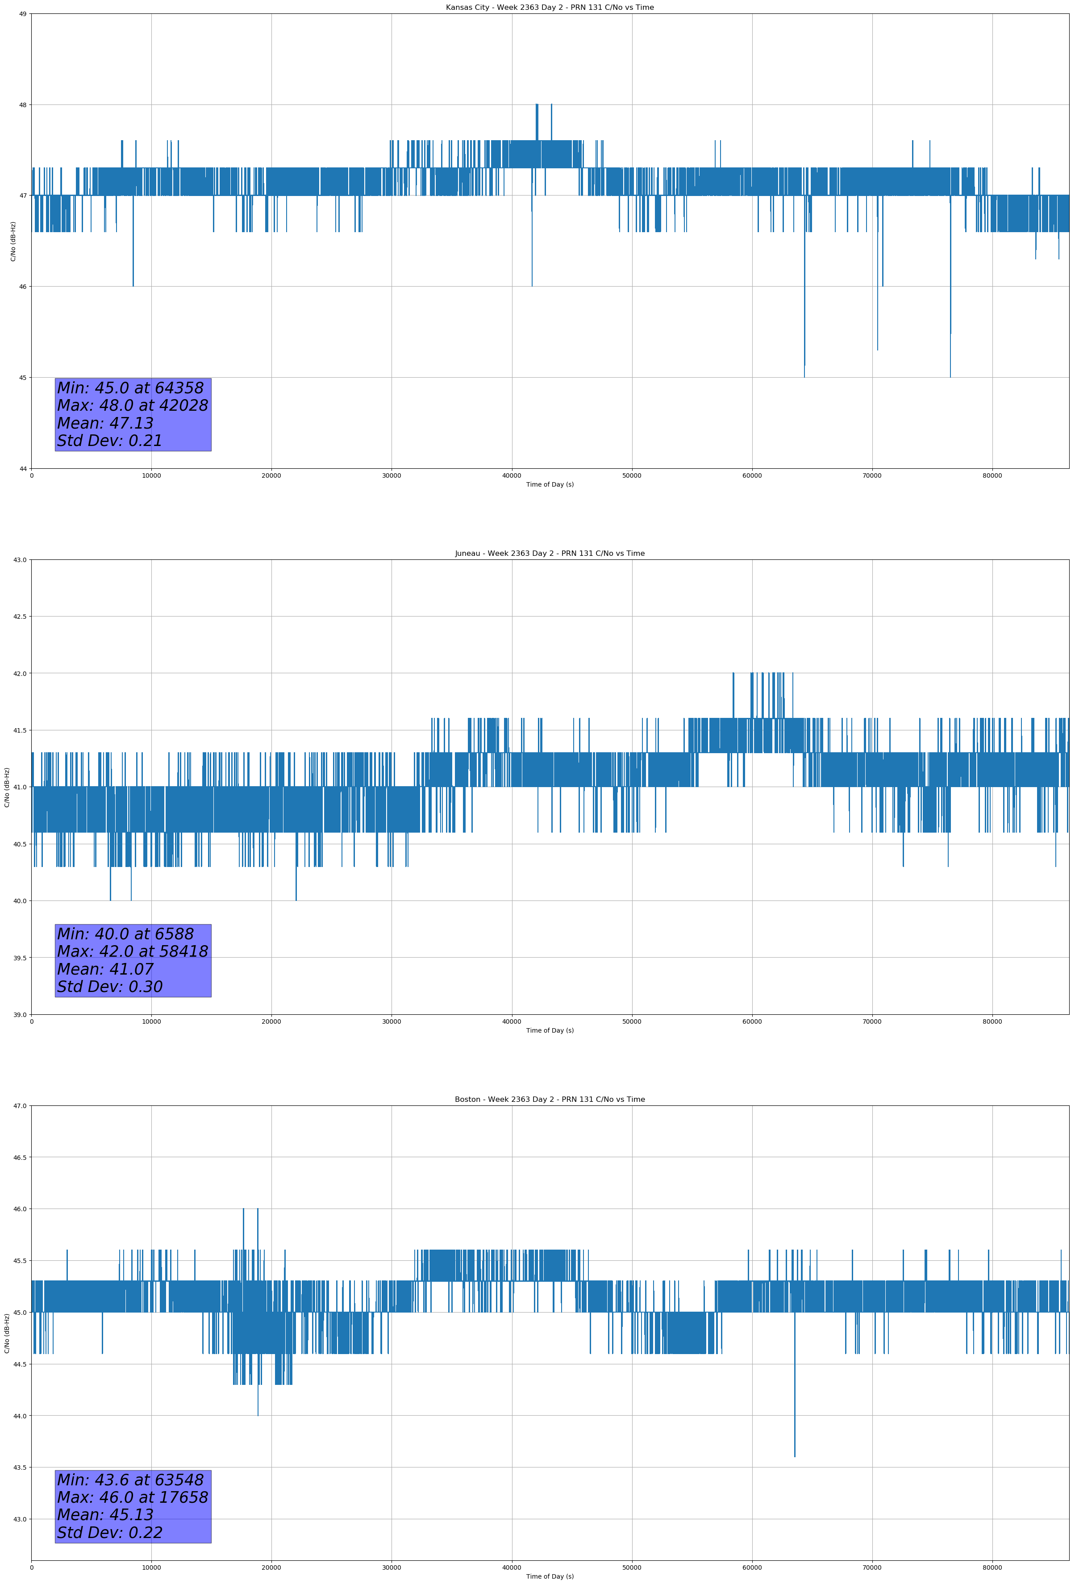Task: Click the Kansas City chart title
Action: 550,8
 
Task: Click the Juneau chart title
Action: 550,554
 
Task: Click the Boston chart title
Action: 550,1100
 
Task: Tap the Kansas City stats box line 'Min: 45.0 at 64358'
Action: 130,388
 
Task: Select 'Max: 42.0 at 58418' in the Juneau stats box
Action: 132,951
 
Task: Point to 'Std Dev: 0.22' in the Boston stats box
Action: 110,1533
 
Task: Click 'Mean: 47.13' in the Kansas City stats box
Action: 105,423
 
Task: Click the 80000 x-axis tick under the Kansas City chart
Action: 992,476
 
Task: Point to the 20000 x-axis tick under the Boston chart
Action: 271,1567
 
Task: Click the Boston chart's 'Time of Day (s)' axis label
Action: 550,1576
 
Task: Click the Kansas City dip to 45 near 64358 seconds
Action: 804,375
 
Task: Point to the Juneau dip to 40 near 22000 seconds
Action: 296,898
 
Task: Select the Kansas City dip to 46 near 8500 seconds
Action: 133,284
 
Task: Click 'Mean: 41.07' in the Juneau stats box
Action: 105,969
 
